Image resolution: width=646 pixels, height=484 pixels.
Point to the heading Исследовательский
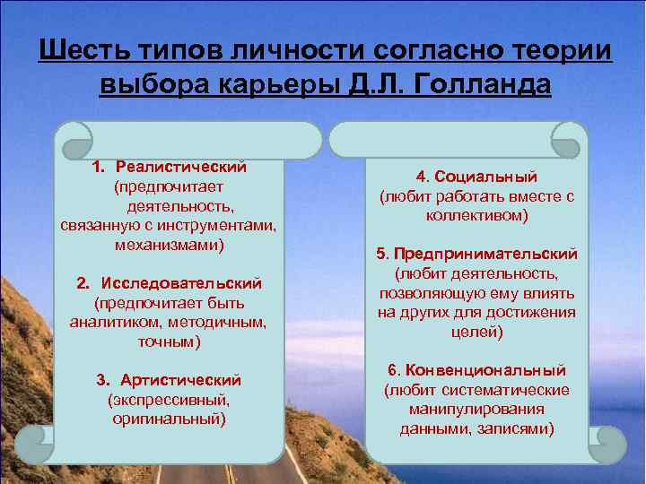[182, 283]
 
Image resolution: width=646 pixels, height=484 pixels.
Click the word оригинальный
[169, 418]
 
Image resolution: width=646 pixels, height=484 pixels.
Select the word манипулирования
[476, 409]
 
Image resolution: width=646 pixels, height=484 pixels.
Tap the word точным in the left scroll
[168, 341]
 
